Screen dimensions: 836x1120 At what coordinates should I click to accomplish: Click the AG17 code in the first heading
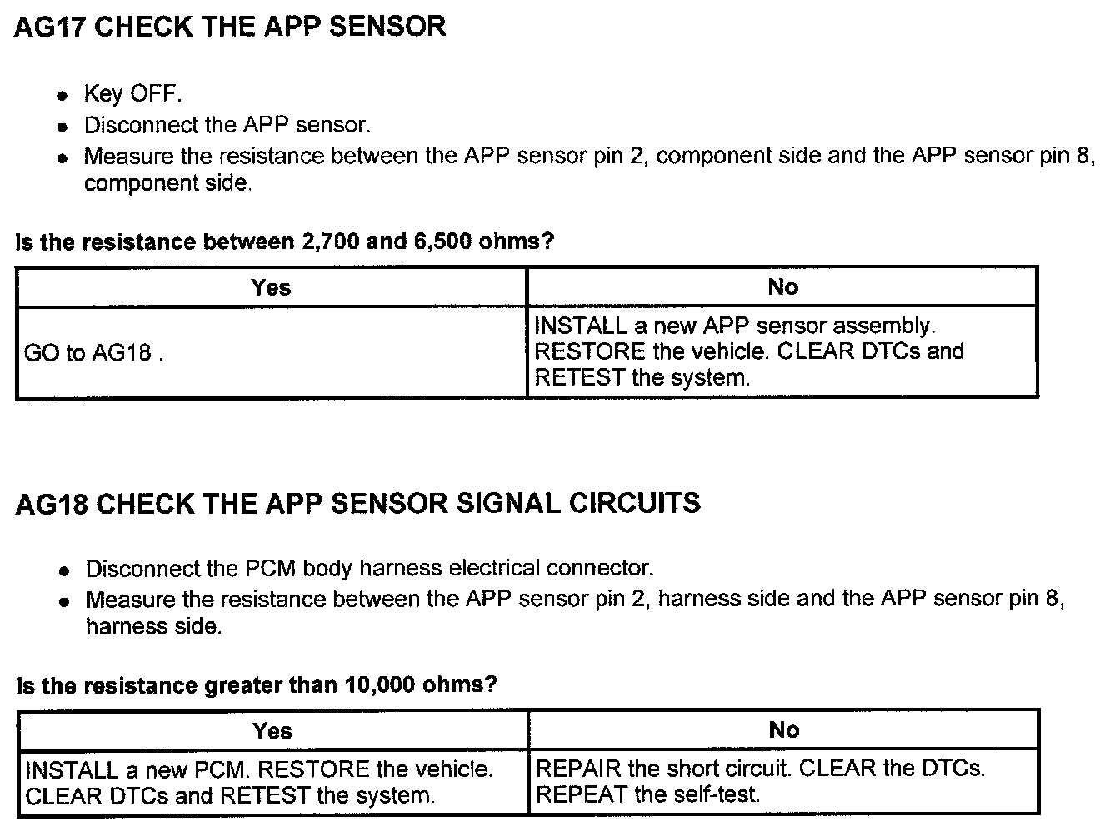[x=49, y=27]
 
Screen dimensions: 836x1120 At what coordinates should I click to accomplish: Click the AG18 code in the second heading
[x=51, y=504]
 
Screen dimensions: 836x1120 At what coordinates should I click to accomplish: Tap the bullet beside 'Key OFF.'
[x=62, y=96]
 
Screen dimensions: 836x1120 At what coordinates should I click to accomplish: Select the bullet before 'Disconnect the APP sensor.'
[x=62, y=127]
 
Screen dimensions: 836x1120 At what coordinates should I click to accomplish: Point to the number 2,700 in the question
[x=327, y=242]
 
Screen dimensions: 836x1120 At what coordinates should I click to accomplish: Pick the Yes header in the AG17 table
[x=271, y=287]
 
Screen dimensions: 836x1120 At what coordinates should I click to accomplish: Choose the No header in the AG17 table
[x=782, y=287]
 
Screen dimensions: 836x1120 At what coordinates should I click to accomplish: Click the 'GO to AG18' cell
[x=92, y=353]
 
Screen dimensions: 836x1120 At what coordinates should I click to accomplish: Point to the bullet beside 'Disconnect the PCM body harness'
[x=64, y=571]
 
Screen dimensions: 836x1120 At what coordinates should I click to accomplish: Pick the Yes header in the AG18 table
[x=272, y=731]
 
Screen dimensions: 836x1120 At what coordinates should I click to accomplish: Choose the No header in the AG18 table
[x=783, y=730]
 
